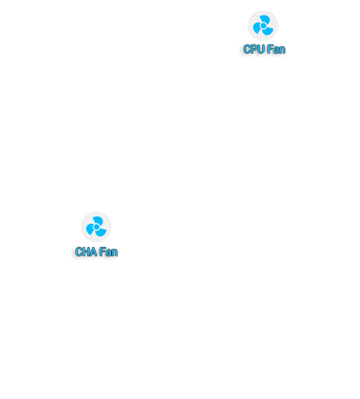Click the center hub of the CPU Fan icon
[x=264, y=26]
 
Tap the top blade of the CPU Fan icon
[x=266, y=19]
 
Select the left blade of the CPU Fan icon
[x=257, y=28]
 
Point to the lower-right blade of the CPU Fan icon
[x=268, y=31]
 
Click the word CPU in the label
[x=254, y=49]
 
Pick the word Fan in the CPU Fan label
[x=276, y=49]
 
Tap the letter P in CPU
[x=254, y=49]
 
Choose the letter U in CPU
[x=261, y=49]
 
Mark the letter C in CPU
[x=247, y=49]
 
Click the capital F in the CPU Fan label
[x=270, y=49]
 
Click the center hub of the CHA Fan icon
[x=96, y=227]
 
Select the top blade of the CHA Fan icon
[x=99, y=220]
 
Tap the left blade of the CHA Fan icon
[x=90, y=229]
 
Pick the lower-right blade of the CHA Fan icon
[x=101, y=233]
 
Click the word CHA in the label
[x=86, y=252]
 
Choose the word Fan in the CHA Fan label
[x=108, y=252]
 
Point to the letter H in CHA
[x=86, y=252]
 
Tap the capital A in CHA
[x=94, y=252]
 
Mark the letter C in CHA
[x=79, y=252]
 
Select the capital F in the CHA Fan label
[x=102, y=252]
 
